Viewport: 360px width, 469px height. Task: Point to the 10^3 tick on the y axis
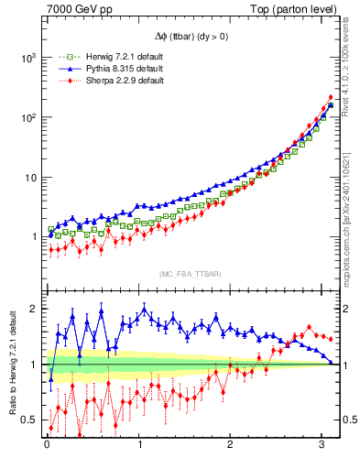pyautogui.click(x=27, y=57)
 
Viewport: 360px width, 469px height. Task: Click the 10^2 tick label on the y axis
pyautogui.click(x=27, y=117)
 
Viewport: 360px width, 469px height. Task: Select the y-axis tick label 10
pyautogui.click(x=30, y=177)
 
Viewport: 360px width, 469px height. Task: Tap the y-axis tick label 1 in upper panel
pyautogui.click(x=34, y=237)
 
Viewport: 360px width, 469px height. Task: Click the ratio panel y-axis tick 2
pyautogui.click(x=34, y=309)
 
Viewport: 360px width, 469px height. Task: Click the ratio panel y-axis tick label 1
pyautogui.click(x=34, y=365)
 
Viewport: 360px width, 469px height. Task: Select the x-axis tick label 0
pyautogui.click(x=48, y=448)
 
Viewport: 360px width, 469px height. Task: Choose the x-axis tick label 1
pyautogui.click(x=139, y=448)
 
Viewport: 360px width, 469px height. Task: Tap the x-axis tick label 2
pyautogui.click(x=231, y=448)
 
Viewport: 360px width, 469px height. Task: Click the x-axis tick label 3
pyautogui.click(x=322, y=448)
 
